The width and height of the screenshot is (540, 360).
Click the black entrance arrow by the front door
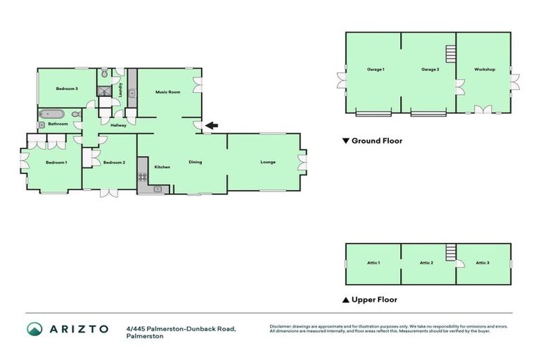(212, 126)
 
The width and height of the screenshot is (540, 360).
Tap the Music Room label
(168, 92)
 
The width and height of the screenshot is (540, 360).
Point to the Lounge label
(268, 162)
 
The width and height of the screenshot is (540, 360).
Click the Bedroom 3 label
(67, 89)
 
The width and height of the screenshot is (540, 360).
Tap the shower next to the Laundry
(105, 90)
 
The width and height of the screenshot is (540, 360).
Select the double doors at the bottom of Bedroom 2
(109, 192)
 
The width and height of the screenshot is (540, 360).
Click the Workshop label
(484, 70)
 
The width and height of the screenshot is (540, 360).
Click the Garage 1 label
(375, 70)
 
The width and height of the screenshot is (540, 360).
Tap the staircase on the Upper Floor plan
(450, 252)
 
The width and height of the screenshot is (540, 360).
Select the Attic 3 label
(482, 263)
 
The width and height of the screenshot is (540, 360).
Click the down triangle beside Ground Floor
(345, 141)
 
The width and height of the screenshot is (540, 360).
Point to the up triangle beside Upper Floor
(345, 300)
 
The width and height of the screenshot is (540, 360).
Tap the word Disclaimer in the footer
(282, 326)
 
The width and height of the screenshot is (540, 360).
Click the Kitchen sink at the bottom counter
(158, 188)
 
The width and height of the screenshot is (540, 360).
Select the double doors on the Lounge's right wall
(302, 162)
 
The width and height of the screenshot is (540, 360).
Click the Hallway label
(118, 125)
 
